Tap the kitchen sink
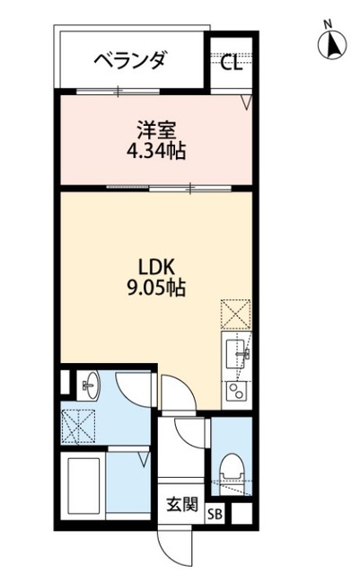(x=237, y=352)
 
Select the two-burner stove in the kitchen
(x=237, y=391)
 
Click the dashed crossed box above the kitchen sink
(x=235, y=317)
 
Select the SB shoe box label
(x=215, y=515)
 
